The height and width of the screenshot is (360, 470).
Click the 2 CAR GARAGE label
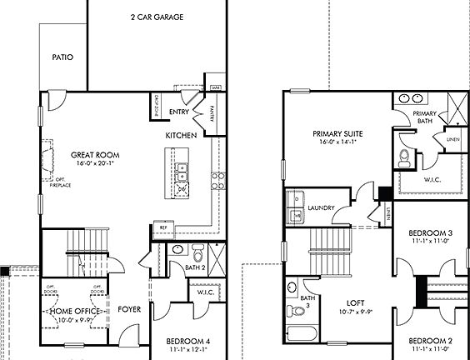point(157,17)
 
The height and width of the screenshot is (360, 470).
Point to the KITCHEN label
point(181,135)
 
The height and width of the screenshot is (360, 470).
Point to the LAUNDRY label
point(321,207)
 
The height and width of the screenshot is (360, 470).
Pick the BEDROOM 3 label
point(430,232)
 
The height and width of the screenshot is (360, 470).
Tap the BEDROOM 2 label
point(430,342)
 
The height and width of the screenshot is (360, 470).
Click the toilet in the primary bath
point(403,157)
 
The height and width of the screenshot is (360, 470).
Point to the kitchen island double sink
point(181,172)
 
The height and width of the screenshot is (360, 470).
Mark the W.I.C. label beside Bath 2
point(206,293)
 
